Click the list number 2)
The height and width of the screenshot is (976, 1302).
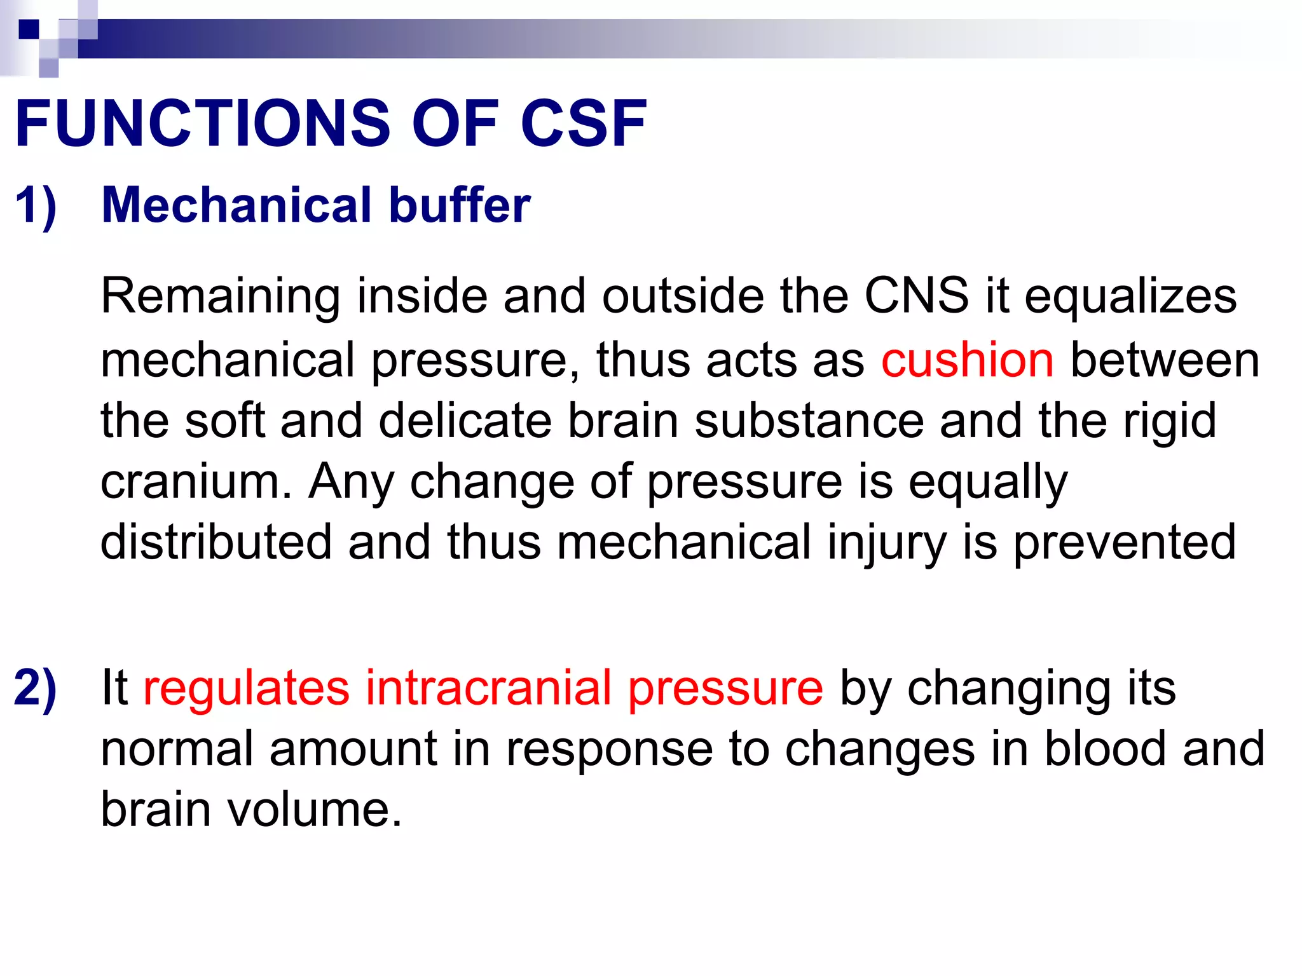click(36, 688)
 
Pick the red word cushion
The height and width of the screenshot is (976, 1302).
click(967, 360)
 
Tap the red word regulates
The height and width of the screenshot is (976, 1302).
click(246, 688)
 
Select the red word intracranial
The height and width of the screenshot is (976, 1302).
click(488, 688)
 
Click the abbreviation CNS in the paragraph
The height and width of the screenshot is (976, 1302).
click(916, 296)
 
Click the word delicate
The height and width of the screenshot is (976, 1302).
click(465, 421)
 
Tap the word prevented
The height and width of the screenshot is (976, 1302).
click(1124, 543)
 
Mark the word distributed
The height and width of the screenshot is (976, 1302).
click(216, 542)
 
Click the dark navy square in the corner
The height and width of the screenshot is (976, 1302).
click(29, 29)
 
